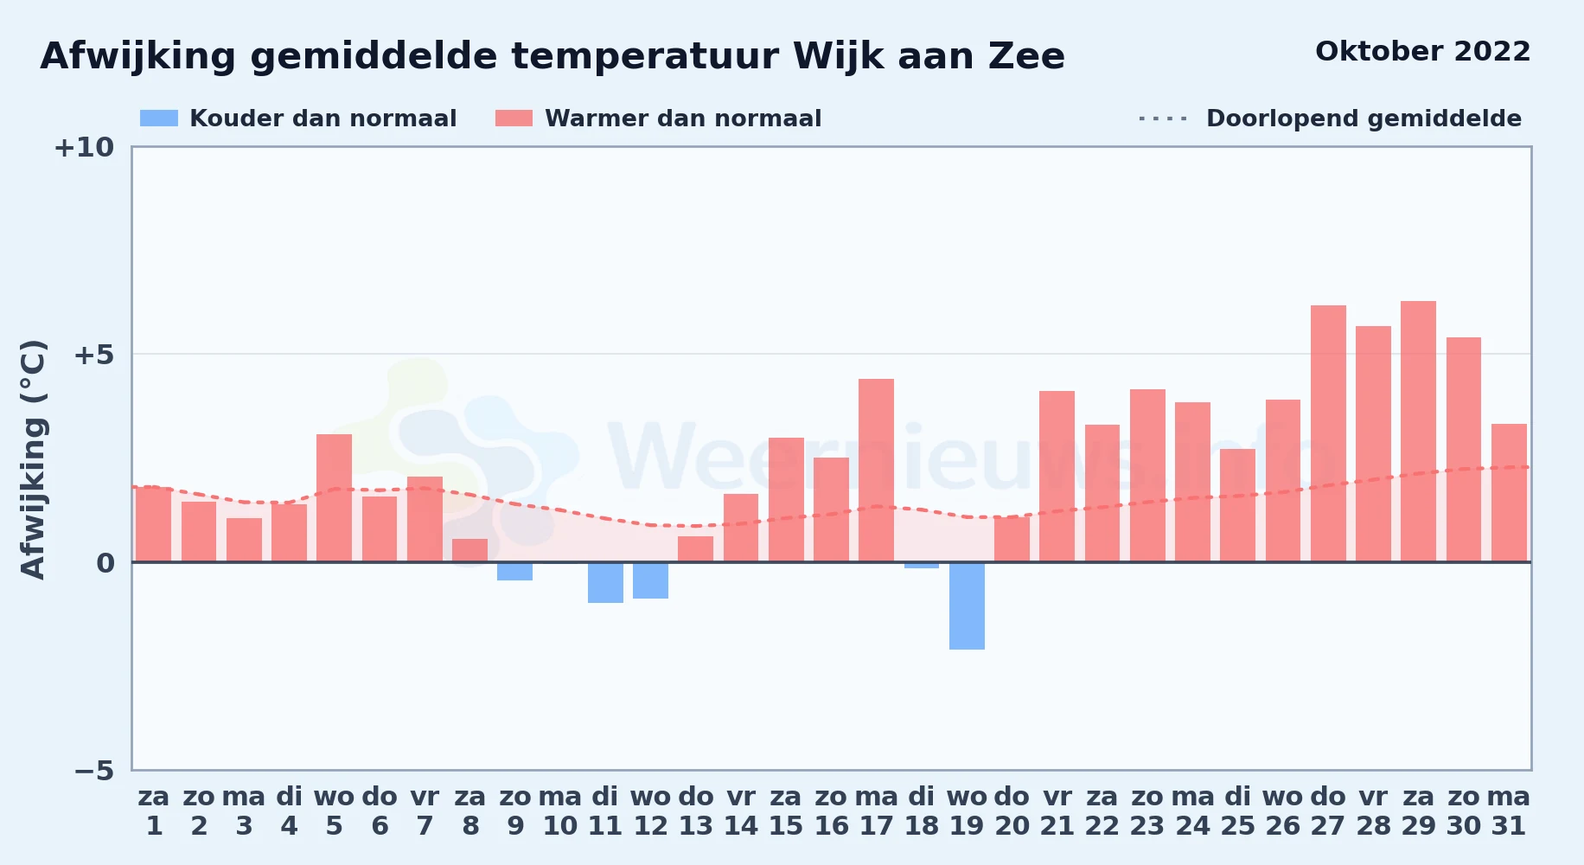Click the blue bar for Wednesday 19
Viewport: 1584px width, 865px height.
click(x=967, y=605)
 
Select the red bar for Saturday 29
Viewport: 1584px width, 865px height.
click(x=1418, y=432)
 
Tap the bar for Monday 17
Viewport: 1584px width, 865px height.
click(x=876, y=471)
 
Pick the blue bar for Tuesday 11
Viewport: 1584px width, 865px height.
click(x=605, y=582)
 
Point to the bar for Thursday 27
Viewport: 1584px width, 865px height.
click(x=1328, y=433)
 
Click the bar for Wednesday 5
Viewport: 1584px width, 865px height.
click(x=334, y=498)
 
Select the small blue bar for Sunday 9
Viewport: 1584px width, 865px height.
click(x=514, y=571)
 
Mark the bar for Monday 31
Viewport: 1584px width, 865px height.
click(x=1509, y=493)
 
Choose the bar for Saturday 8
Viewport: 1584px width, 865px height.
click(x=469, y=550)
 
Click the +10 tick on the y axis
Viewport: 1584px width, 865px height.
click(x=84, y=147)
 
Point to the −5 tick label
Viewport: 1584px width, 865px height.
click(x=94, y=770)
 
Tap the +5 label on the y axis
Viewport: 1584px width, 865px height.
click(x=94, y=355)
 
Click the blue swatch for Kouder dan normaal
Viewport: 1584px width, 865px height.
click(x=159, y=119)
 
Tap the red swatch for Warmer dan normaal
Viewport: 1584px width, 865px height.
click(x=514, y=119)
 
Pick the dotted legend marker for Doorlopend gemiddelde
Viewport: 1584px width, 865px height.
click(x=1163, y=119)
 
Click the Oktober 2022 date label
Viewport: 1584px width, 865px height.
click(x=1423, y=52)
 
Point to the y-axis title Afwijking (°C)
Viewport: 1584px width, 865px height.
click(x=33, y=459)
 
